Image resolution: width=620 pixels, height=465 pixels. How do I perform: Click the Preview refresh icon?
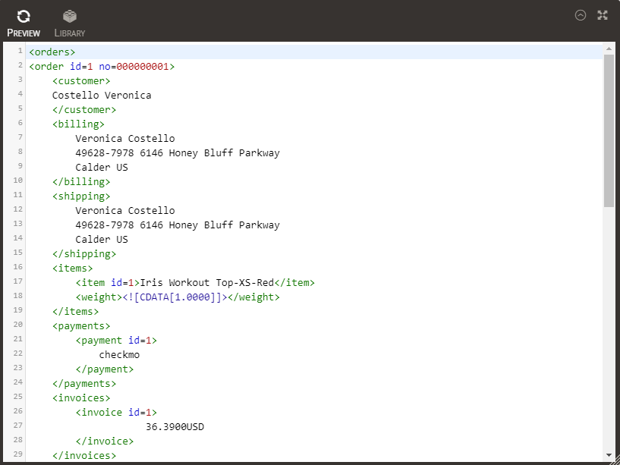(x=24, y=16)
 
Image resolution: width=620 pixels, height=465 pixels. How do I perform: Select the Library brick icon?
(x=70, y=16)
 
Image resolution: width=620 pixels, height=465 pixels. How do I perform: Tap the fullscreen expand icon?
(x=603, y=15)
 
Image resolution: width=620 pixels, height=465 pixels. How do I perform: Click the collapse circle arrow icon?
(x=581, y=15)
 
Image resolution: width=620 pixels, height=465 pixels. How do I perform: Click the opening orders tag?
(x=52, y=52)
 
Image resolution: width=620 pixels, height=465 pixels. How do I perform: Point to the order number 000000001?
(x=143, y=67)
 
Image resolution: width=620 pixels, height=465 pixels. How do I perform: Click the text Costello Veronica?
(x=102, y=96)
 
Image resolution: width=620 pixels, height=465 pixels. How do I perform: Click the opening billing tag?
(x=78, y=124)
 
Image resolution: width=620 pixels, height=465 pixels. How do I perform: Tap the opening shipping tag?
(x=81, y=196)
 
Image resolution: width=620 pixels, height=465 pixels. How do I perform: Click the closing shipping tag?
(x=84, y=254)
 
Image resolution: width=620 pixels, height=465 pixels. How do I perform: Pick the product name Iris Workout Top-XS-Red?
(x=207, y=283)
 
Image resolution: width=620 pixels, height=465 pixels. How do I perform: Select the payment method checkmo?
(x=119, y=355)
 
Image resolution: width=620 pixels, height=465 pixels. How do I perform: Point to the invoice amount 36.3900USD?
(x=175, y=427)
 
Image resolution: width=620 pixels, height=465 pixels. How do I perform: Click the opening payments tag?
(x=81, y=326)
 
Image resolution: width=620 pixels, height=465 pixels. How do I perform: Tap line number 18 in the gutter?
(x=17, y=296)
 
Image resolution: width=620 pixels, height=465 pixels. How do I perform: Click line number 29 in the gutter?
(x=17, y=454)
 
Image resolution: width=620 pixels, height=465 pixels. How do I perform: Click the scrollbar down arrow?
(x=609, y=455)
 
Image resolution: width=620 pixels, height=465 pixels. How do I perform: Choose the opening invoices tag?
(x=81, y=398)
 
